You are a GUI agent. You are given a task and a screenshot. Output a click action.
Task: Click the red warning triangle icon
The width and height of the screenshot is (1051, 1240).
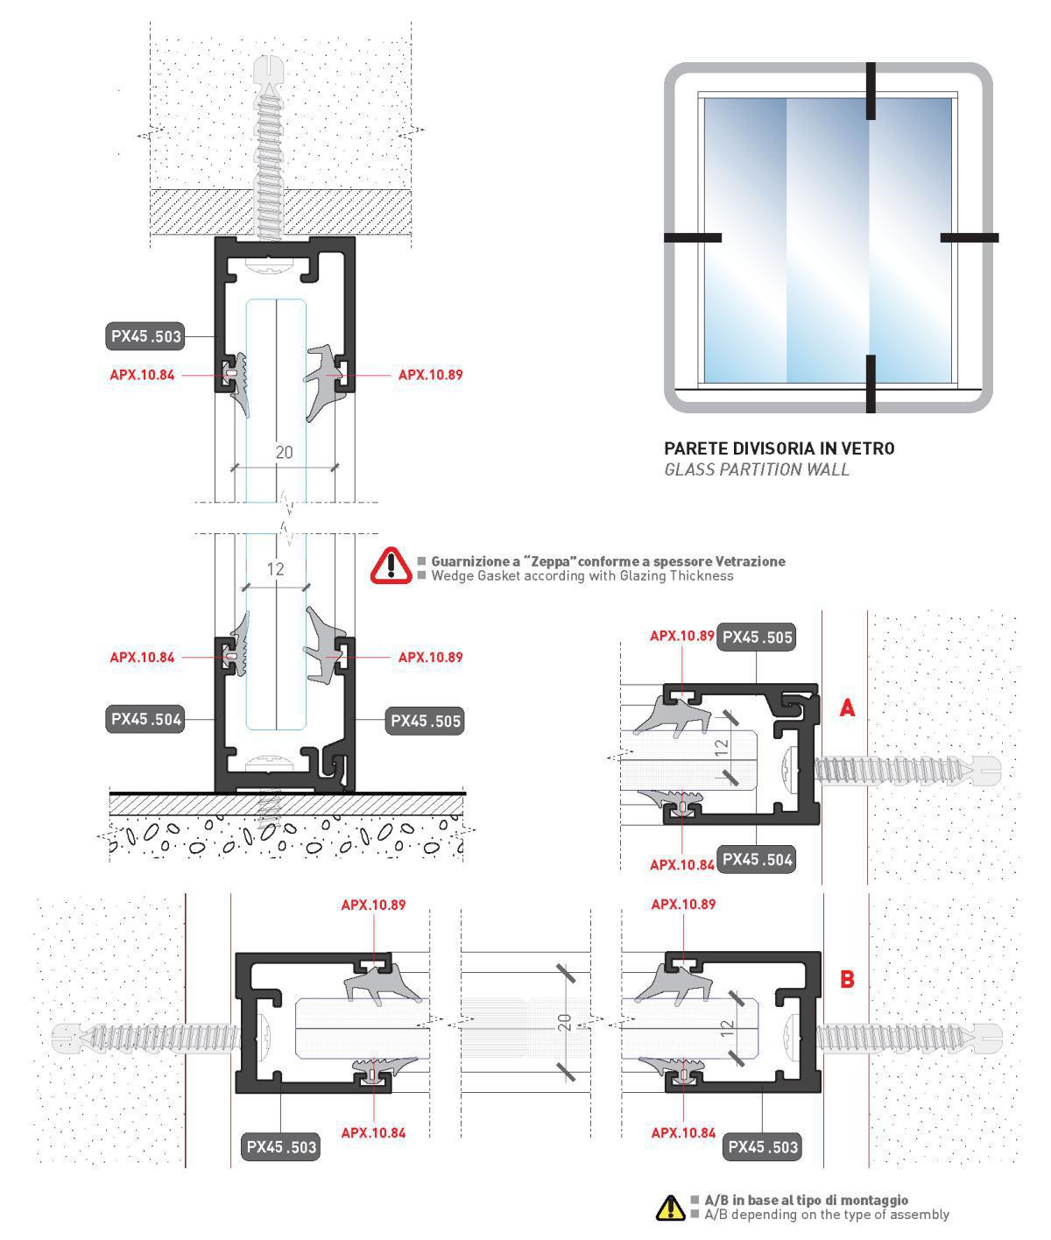391,566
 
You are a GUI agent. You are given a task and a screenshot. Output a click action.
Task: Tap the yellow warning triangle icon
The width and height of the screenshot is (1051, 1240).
670,1208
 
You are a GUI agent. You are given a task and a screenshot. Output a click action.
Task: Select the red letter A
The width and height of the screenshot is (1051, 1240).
847,708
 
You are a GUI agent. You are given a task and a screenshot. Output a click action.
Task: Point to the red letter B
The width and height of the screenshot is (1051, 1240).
847,978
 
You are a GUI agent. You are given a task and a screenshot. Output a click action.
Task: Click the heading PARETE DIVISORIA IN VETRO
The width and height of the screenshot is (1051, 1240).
779,448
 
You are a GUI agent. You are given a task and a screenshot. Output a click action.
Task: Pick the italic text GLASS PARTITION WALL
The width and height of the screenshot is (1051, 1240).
756,469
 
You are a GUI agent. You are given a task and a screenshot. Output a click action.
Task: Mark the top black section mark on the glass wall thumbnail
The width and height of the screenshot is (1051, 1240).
871,90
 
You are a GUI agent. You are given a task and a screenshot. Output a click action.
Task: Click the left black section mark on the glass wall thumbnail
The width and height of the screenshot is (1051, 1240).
692,237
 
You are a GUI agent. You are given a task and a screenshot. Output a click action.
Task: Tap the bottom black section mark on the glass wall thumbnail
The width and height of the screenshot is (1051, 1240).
871,383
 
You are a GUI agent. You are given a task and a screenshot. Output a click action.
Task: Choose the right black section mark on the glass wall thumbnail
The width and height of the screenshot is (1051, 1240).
970,237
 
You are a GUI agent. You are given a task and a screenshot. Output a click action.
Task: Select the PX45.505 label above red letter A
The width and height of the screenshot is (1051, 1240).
757,637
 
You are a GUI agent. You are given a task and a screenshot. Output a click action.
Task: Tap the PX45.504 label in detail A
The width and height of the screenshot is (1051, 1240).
757,859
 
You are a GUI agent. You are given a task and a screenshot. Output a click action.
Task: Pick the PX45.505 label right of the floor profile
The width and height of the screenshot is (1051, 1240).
426,721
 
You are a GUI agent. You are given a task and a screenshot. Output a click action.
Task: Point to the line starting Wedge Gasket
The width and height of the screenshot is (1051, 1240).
582,576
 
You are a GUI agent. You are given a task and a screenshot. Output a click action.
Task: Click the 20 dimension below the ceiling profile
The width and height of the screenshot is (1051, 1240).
284,452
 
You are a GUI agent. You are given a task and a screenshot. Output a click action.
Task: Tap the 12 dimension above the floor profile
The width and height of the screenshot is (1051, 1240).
276,569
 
